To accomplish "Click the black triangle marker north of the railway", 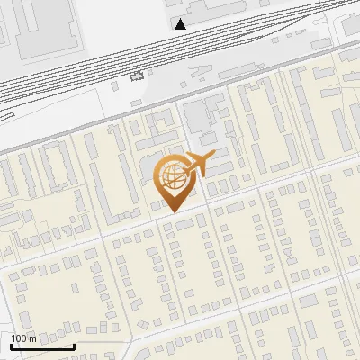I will point(181,24).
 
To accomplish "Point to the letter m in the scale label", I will point(33,338).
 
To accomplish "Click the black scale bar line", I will point(40,347).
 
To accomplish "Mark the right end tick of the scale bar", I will point(73,346).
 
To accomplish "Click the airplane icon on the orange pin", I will point(200,164).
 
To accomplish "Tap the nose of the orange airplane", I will point(214,156).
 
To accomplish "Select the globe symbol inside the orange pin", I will point(173,177).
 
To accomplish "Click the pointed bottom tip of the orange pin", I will point(174,212).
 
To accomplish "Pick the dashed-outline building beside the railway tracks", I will point(138,76).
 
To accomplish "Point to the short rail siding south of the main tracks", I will point(54,112).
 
